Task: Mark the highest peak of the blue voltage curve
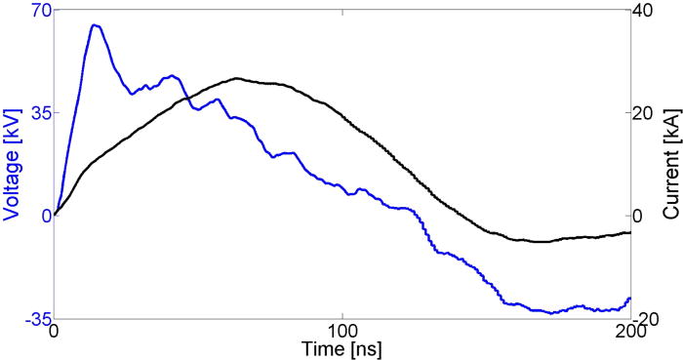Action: [95, 25]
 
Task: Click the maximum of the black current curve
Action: [237, 78]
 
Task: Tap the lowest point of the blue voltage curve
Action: [552, 313]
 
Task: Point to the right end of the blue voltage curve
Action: [630, 298]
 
